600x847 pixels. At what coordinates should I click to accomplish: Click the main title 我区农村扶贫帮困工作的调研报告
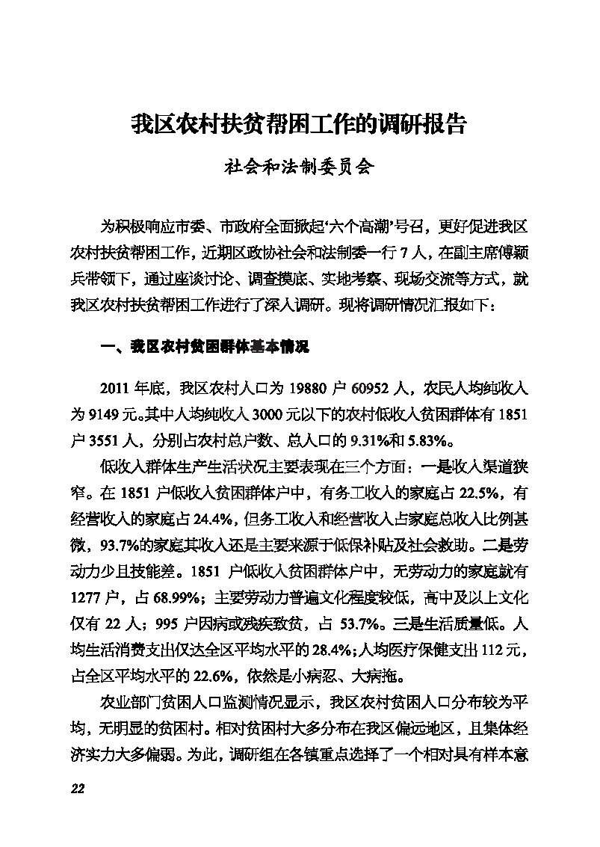[299, 124]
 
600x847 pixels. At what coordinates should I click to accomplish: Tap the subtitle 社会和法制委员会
[299, 167]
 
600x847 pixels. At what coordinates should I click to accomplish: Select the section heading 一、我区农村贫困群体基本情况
[205, 347]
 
